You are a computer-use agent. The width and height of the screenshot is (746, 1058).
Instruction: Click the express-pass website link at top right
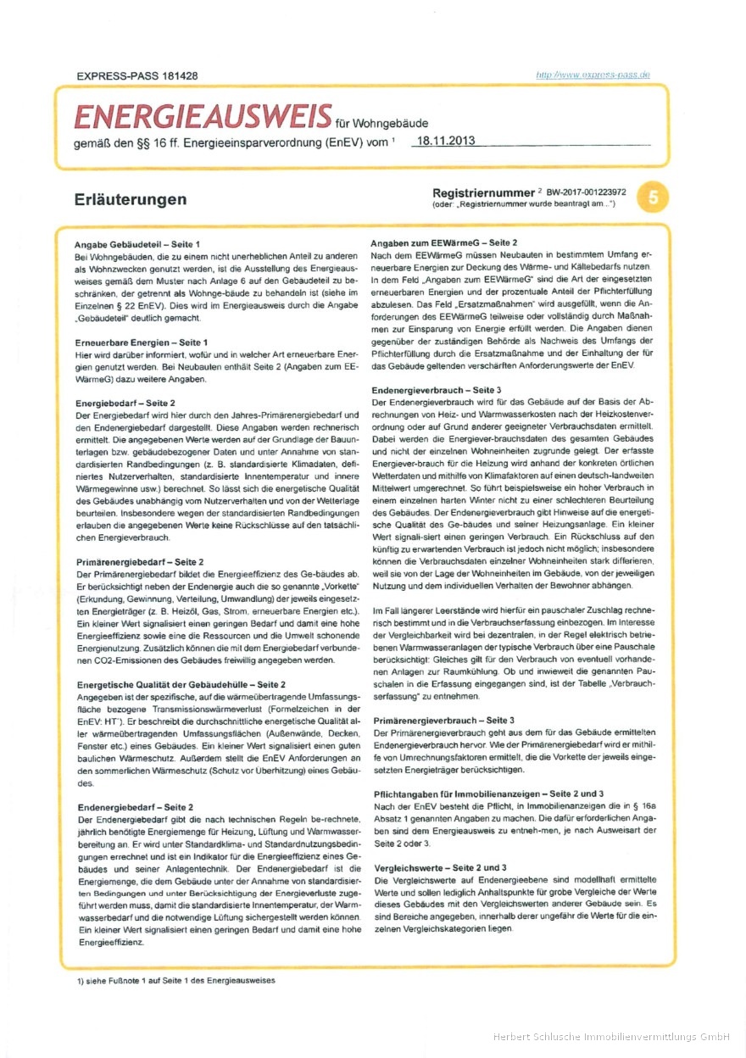593,75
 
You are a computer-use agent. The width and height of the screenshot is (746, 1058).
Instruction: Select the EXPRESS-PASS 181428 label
137,75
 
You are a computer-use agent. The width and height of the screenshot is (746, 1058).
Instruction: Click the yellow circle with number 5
654,198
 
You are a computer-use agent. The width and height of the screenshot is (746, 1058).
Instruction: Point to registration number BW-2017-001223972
587,192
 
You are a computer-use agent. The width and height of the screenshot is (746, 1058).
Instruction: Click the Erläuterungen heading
130,200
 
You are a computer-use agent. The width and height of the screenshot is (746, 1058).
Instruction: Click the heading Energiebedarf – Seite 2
125,402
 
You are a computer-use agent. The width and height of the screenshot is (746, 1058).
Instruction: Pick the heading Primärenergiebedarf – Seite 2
140,561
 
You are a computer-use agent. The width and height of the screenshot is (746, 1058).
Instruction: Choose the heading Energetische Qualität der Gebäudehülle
181,682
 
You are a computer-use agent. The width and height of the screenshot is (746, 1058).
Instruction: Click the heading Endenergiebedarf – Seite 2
136,807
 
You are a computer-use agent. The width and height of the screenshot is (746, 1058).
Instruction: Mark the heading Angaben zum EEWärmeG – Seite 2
443,243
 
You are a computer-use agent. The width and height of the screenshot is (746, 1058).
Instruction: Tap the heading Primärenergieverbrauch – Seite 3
443,719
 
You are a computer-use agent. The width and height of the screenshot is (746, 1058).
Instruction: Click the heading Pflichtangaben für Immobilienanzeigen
488,793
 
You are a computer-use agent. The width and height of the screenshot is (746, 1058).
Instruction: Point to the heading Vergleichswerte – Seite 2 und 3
440,867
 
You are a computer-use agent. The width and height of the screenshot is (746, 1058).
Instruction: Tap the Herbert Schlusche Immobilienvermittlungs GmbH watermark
611,1036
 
